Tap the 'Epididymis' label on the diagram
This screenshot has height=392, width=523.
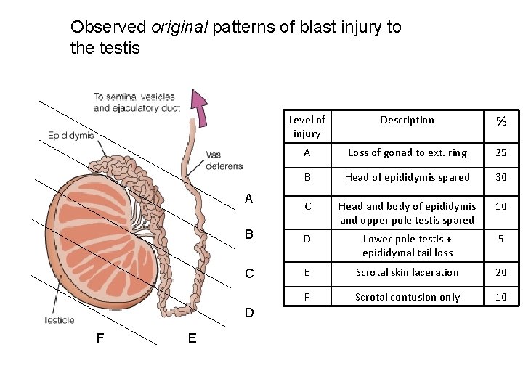click(x=70, y=135)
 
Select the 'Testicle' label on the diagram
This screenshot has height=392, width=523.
click(x=58, y=320)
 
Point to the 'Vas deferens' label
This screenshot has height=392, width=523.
click(x=224, y=160)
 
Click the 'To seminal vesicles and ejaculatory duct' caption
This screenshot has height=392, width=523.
click(x=137, y=102)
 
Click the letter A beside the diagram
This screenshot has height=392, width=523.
click(x=249, y=199)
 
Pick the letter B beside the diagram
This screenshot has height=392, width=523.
click(x=249, y=234)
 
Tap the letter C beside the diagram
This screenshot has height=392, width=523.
click(x=249, y=274)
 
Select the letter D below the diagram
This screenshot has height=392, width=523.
click(x=249, y=313)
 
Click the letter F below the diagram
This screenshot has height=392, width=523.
click(x=100, y=338)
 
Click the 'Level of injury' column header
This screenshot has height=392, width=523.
click(x=307, y=126)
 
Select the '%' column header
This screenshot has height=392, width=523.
click(x=501, y=121)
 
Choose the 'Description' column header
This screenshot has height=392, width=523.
click(x=407, y=120)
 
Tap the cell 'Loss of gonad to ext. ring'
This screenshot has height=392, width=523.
click(x=407, y=152)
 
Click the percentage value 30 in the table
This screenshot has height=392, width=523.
click(x=501, y=177)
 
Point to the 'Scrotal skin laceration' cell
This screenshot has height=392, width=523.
click(x=407, y=272)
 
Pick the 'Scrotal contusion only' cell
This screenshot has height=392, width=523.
click(x=407, y=297)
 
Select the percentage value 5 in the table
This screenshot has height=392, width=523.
click(x=501, y=239)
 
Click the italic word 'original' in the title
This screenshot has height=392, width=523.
click(x=178, y=28)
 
